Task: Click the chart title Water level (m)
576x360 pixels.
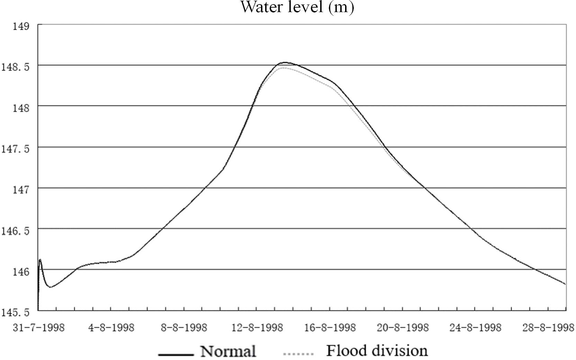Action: point(297,7)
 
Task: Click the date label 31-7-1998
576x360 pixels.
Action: point(39,327)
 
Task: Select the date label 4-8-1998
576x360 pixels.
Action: point(111,327)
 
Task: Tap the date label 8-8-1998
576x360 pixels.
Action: point(184,327)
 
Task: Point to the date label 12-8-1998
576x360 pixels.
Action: point(257,327)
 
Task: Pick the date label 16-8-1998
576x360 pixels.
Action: point(330,327)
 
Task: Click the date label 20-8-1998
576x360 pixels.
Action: point(403,327)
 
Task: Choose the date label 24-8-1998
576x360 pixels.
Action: point(476,327)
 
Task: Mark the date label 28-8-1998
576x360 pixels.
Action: point(548,327)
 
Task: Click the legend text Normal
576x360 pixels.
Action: point(228,351)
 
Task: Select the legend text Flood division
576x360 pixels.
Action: point(377,351)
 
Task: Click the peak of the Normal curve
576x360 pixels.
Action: point(285,62)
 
